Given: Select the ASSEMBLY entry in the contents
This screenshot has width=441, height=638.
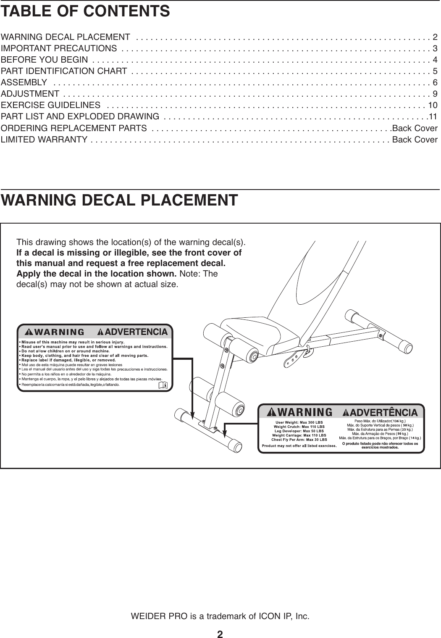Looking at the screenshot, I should (24, 82).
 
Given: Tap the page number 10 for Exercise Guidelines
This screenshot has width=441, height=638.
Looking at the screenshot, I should (432, 105).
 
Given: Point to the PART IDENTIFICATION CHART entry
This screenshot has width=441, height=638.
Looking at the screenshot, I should (64, 71).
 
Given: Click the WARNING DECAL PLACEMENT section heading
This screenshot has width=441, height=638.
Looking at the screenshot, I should (119, 200).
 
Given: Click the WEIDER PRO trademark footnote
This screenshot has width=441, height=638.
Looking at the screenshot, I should (220, 617).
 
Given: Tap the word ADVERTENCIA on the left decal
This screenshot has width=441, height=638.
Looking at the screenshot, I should (136, 332).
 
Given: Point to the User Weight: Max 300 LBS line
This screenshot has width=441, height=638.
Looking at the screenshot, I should (299, 422).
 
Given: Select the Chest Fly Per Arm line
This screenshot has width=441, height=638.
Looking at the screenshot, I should (299, 440).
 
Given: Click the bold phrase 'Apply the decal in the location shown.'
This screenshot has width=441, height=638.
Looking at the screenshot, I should (96, 274).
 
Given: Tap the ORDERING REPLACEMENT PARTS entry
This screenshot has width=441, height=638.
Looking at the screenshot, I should (74, 128).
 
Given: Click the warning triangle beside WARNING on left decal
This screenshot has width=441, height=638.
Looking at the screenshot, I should (31, 332).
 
